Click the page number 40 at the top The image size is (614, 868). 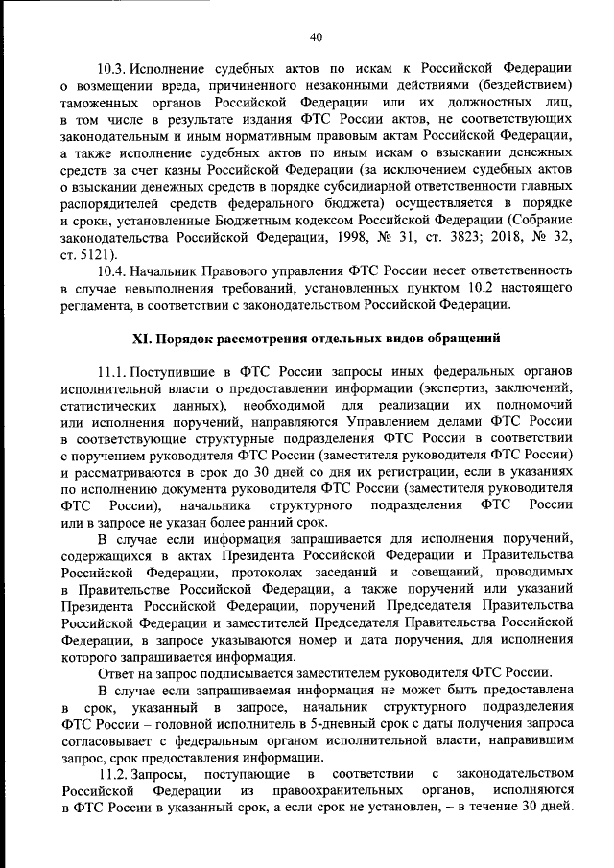pos(316,37)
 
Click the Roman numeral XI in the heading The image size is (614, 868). pos(139,340)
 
